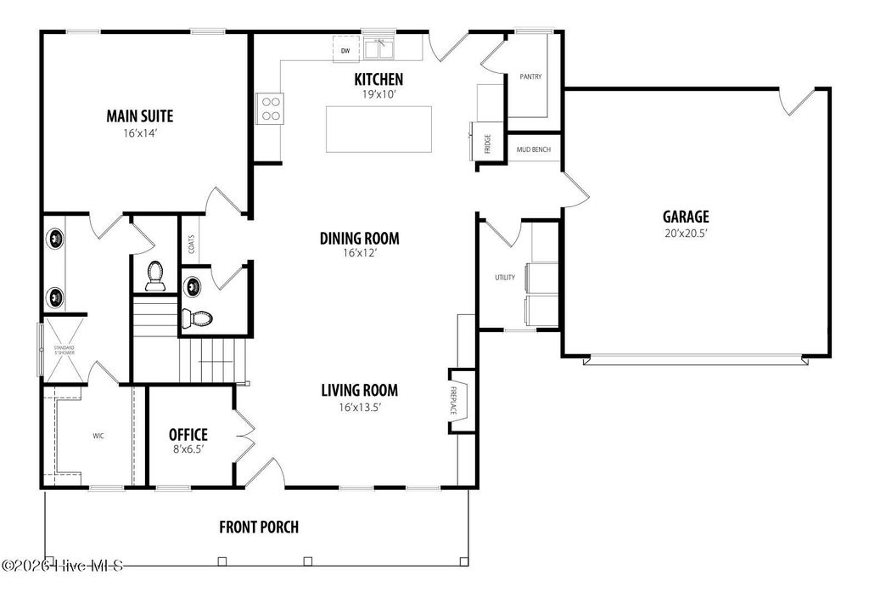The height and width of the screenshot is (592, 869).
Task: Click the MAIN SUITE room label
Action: tap(145, 116)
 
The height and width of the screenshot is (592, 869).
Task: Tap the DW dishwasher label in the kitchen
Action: tap(345, 52)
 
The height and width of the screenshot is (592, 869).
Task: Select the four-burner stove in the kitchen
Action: tap(270, 108)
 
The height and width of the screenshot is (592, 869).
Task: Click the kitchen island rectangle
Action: tap(378, 129)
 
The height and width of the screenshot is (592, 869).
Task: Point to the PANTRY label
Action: tap(530, 77)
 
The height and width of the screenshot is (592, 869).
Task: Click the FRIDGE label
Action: tap(488, 144)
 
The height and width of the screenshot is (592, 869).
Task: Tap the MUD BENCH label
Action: tap(534, 150)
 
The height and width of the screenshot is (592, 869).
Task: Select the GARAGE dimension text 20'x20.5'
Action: tap(687, 233)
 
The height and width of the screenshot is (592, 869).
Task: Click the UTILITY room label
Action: tap(505, 278)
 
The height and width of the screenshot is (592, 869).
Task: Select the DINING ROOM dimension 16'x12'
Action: tap(359, 253)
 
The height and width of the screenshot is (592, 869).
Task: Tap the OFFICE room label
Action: tap(188, 435)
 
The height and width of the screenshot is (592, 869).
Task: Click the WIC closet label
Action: tap(98, 436)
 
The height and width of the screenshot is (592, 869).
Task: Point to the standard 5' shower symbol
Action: tap(64, 347)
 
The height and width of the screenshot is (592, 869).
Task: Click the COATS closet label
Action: tap(192, 244)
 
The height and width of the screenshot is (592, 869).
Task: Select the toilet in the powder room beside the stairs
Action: tap(197, 319)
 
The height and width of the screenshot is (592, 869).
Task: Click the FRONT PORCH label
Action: tap(259, 527)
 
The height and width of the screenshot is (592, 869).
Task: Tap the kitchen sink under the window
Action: tap(379, 49)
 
